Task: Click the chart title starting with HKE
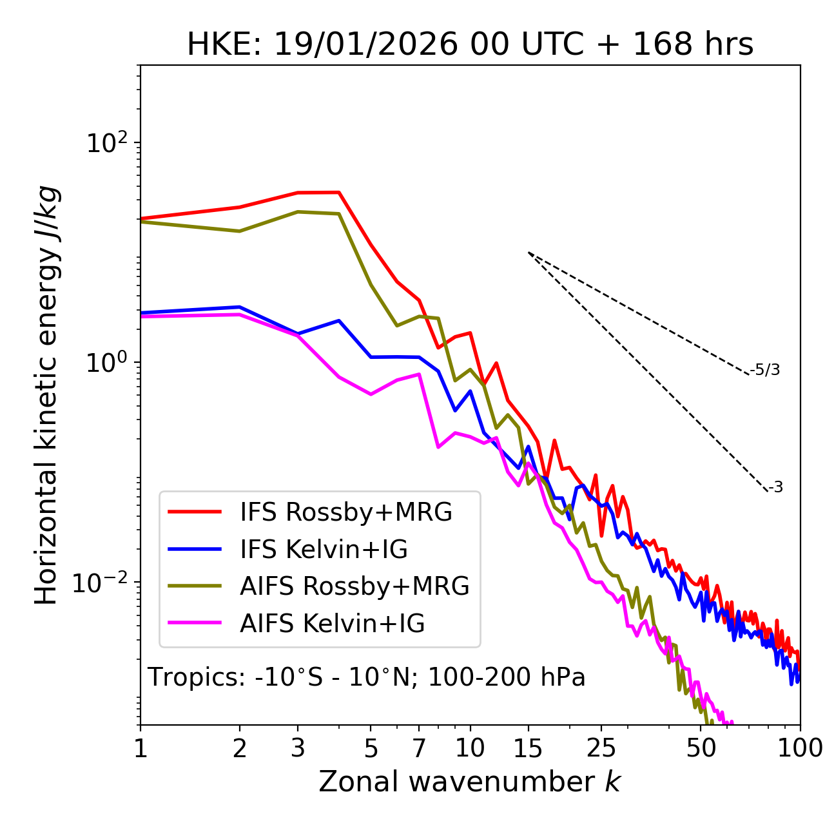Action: tap(470, 45)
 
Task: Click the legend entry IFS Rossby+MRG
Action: tap(346, 512)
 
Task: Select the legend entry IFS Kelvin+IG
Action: tap(324, 550)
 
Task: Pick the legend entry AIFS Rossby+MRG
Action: tap(354, 586)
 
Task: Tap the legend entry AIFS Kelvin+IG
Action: tap(332, 624)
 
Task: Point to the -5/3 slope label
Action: tap(765, 371)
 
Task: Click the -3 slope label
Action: tap(775, 488)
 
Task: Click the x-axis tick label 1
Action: tap(141, 748)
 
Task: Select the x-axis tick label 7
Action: tap(419, 748)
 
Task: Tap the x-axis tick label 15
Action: tap(528, 748)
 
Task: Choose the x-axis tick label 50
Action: tap(701, 748)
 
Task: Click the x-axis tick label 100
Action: tap(800, 748)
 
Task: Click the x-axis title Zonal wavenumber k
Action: tap(469, 782)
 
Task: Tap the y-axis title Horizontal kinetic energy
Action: tap(47, 395)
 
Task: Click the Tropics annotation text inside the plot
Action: tap(366, 678)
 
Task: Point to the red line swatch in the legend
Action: tap(195, 512)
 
